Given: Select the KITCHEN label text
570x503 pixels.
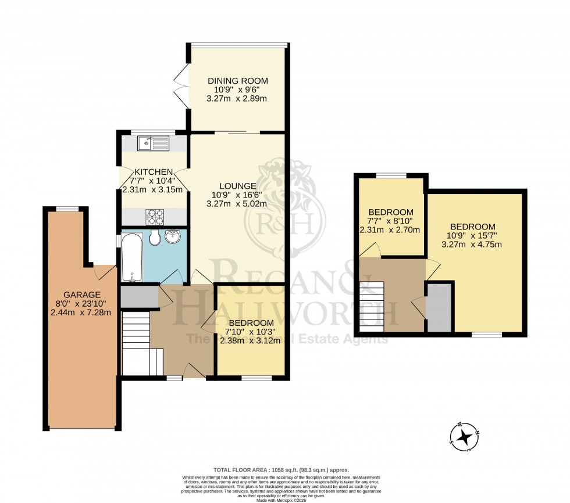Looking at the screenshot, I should click(x=154, y=172).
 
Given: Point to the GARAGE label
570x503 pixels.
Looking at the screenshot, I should click(x=83, y=294).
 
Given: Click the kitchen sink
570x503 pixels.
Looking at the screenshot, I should click(x=154, y=142).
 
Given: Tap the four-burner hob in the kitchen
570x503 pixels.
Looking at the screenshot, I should click(x=156, y=217).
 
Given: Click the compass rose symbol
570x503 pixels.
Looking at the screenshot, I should click(x=464, y=437).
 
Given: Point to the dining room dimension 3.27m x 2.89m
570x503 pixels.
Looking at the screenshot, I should click(x=237, y=99).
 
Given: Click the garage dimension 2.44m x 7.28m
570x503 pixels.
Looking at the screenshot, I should click(x=83, y=312).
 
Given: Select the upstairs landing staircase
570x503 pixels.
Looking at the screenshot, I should click(x=372, y=306).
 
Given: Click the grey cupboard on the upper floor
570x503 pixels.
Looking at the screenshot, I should click(x=440, y=307).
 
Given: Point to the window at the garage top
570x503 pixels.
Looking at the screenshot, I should click(x=67, y=209).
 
